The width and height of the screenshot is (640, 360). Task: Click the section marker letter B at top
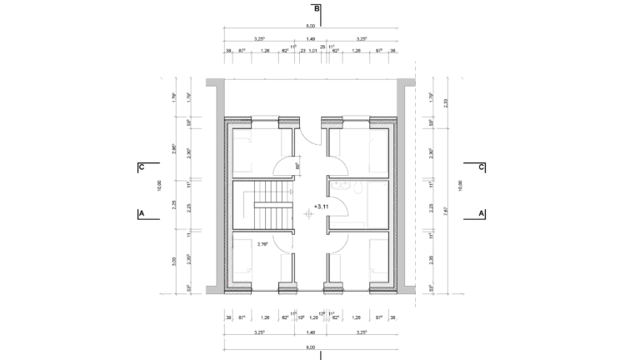[x=317, y=9]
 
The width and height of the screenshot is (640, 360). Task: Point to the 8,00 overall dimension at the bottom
[x=311, y=347]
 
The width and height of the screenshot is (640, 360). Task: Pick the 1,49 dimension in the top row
[x=311, y=39]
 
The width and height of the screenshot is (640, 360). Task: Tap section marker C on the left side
[x=142, y=167]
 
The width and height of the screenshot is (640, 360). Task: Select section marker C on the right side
[x=482, y=167]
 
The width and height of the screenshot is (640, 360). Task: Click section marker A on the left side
[x=142, y=213]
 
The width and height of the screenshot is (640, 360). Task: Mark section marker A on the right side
[x=482, y=213]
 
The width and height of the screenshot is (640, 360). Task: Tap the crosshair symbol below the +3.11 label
[x=309, y=214]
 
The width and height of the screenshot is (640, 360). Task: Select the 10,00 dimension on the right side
[x=457, y=182]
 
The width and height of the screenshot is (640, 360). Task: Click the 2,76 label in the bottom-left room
[x=262, y=244]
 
